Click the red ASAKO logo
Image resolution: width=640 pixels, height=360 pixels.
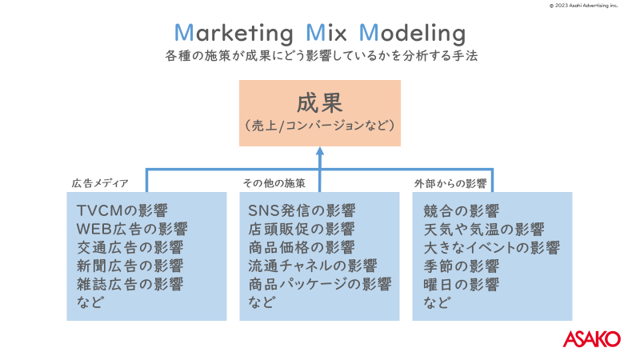click(591, 338)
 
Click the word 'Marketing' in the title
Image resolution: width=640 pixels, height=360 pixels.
click(234, 33)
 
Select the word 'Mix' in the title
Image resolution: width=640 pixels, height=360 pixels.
click(326, 33)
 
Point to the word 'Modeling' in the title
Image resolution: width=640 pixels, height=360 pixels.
click(412, 34)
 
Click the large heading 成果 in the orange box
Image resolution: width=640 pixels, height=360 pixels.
click(319, 102)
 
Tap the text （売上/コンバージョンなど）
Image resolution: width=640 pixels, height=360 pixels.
click(319, 126)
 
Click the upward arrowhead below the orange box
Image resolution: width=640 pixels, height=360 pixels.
click(320, 151)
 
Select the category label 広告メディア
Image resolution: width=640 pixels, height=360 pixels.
click(100, 183)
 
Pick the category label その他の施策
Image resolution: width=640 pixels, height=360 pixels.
click(274, 183)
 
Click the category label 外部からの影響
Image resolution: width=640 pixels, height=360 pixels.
click(450, 184)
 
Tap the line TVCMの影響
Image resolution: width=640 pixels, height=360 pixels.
click(122, 210)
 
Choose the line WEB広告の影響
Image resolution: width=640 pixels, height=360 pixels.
click(132, 229)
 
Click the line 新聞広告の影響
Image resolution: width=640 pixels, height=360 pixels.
click(130, 266)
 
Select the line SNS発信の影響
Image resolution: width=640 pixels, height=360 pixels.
click(302, 210)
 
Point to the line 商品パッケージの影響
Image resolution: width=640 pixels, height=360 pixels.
click(320, 284)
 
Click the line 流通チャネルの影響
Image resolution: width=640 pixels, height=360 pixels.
click(313, 266)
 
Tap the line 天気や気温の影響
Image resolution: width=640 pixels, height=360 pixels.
click(484, 230)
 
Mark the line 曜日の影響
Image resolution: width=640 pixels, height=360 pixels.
click(462, 285)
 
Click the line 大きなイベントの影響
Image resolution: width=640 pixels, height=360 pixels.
click(491, 248)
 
